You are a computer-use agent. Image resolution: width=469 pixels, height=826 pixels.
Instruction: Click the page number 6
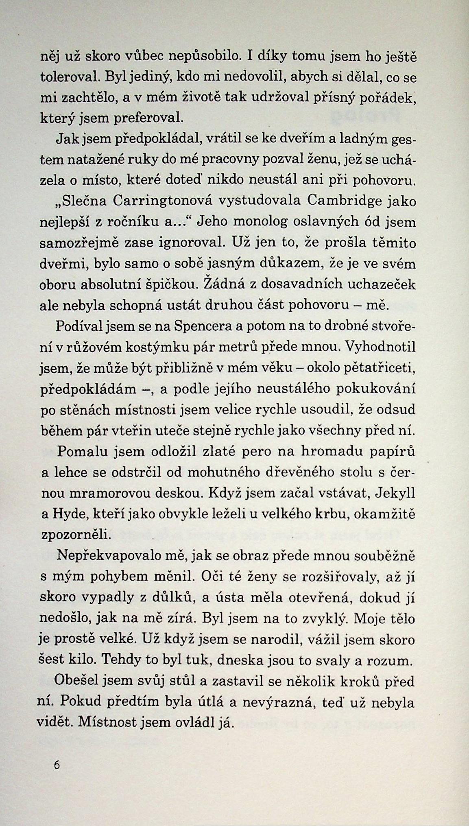point(56,765)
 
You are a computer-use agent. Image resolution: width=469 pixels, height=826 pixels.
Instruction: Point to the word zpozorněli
point(76,535)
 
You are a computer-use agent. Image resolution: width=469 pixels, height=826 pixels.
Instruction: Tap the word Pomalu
point(80,451)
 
